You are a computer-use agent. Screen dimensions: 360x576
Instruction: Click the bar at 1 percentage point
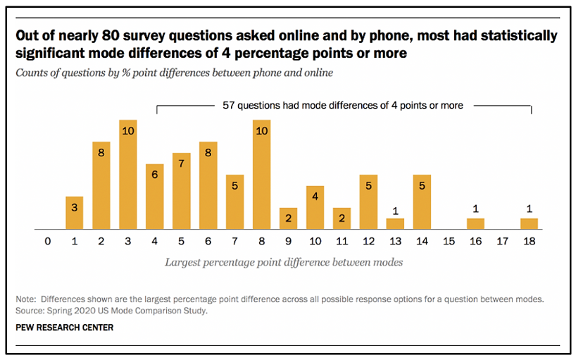click(x=74, y=213)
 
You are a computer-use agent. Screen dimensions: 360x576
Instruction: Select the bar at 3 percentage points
click(x=127, y=175)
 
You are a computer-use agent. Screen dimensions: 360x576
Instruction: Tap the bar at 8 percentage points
click(x=261, y=175)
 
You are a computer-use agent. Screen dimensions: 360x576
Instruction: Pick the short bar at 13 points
click(x=395, y=224)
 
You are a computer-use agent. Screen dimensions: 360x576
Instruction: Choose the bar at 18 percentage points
click(x=529, y=224)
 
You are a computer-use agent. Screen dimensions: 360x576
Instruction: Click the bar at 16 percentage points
click(x=475, y=224)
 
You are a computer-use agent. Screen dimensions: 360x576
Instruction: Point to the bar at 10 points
click(x=315, y=208)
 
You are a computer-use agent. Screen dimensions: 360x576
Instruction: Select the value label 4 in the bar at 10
click(x=315, y=197)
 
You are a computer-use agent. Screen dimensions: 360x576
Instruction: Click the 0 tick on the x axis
click(x=47, y=242)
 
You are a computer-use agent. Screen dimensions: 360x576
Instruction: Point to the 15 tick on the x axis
click(x=449, y=242)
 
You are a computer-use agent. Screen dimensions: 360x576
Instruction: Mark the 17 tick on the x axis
click(x=502, y=242)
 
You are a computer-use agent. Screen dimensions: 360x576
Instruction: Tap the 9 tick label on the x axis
click(x=288, y=242)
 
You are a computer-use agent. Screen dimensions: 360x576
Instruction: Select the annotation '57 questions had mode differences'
click(x=343, y=106)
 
